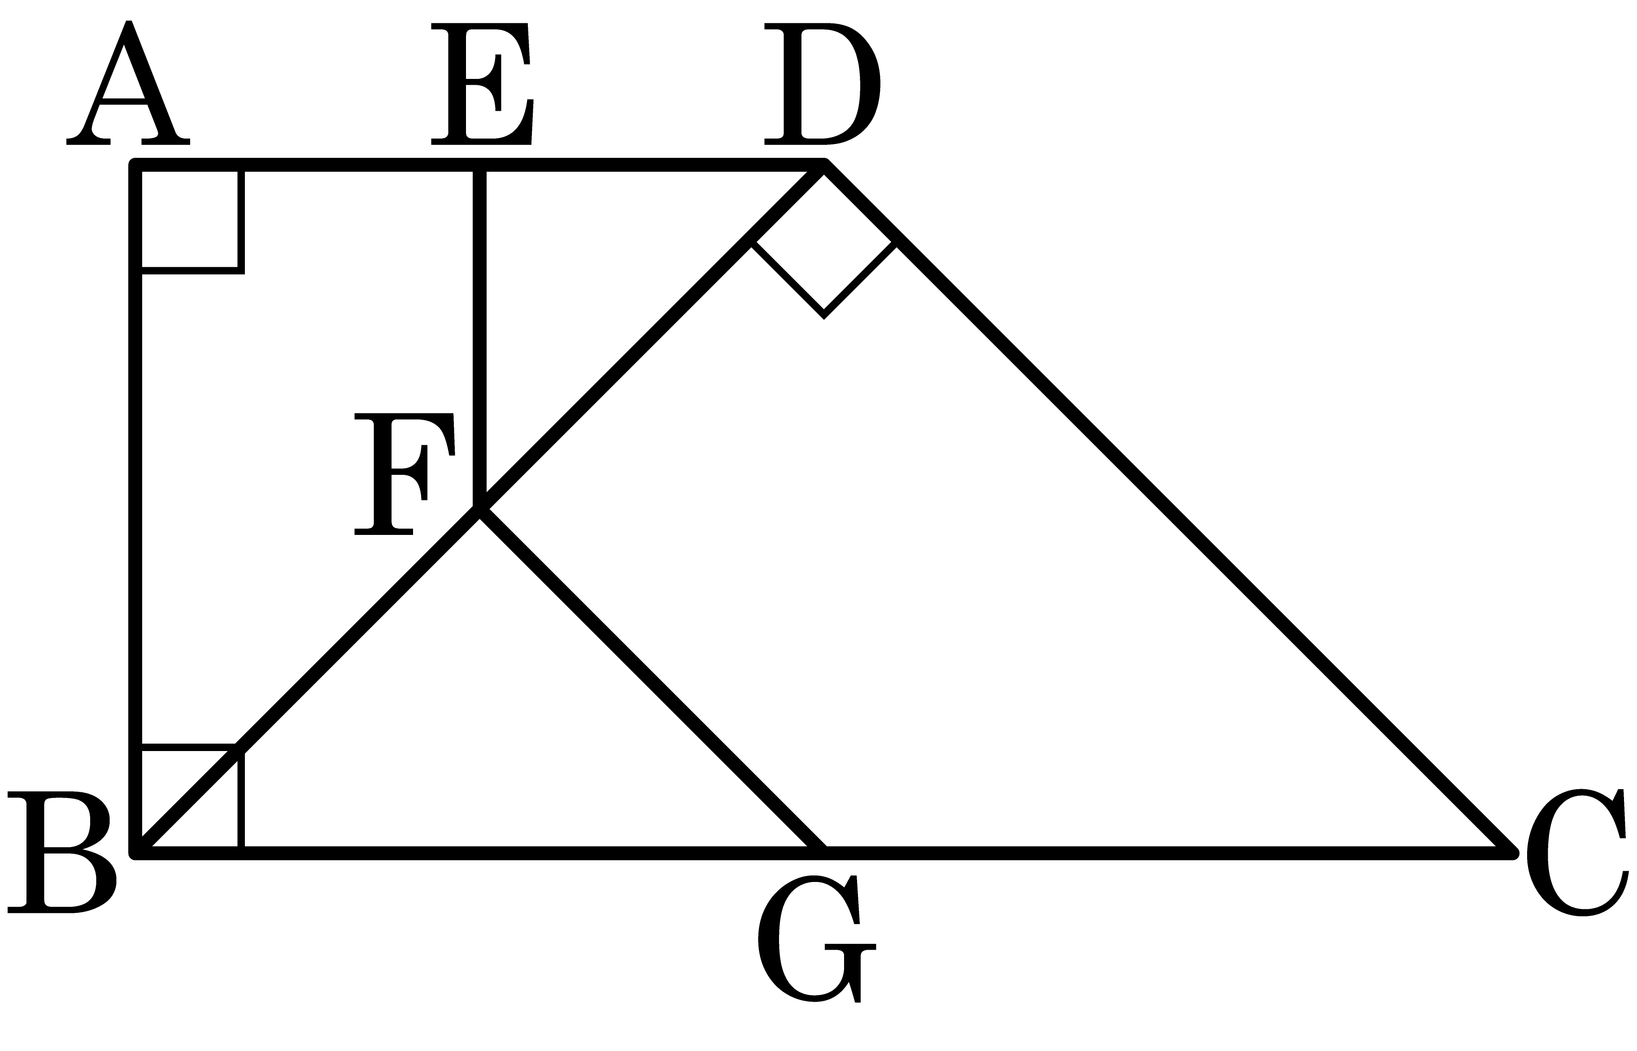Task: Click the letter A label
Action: point(128,83)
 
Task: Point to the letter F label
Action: point(404,474)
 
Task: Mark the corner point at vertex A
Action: point(136,165)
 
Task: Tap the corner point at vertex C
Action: point(1512,853)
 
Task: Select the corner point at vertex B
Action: point(136,853)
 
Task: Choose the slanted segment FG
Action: point(653,681)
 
